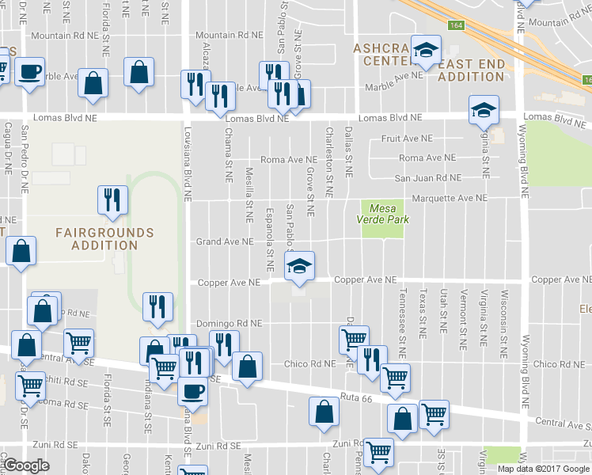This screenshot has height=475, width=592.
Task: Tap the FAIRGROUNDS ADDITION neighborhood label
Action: click(x=104, y=238)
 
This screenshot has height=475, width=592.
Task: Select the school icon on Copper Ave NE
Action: click(x=300, y=267)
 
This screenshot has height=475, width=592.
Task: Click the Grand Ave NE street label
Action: click(x=225, y=241)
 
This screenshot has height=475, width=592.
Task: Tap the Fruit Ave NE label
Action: click(x=407, y=138)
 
